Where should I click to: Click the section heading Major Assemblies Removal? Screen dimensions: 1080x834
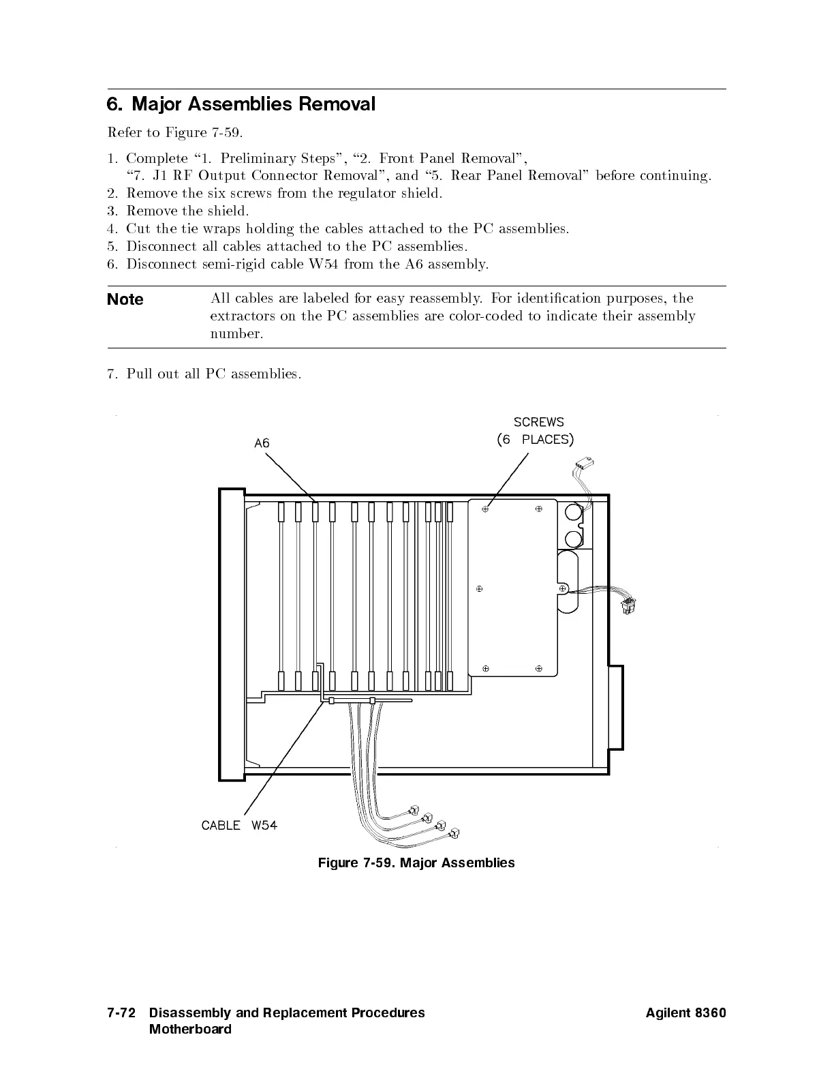[x=241, y=104]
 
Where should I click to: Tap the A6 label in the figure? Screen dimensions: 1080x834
[x=262, y=443]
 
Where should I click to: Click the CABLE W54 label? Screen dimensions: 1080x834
[x=239, y=825]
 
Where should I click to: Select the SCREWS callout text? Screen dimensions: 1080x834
[x=538, y=422]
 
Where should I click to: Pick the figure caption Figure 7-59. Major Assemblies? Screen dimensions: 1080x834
[x=416, y=863]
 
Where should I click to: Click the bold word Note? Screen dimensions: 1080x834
[x=125, y=299]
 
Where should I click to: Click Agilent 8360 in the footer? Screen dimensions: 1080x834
[x=685, y=1013]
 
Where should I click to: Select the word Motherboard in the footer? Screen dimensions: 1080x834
[x=190, y=1030]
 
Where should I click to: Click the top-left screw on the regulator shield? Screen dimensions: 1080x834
[x=486, y=509]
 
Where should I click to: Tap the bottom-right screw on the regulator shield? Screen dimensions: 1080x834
[x=538, y=668]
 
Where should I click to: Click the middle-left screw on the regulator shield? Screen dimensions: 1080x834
[x=480, y=588]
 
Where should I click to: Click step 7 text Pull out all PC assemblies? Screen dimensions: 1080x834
[x=213, y=374]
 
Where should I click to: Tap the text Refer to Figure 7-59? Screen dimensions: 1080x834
[x=174, y=132]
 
